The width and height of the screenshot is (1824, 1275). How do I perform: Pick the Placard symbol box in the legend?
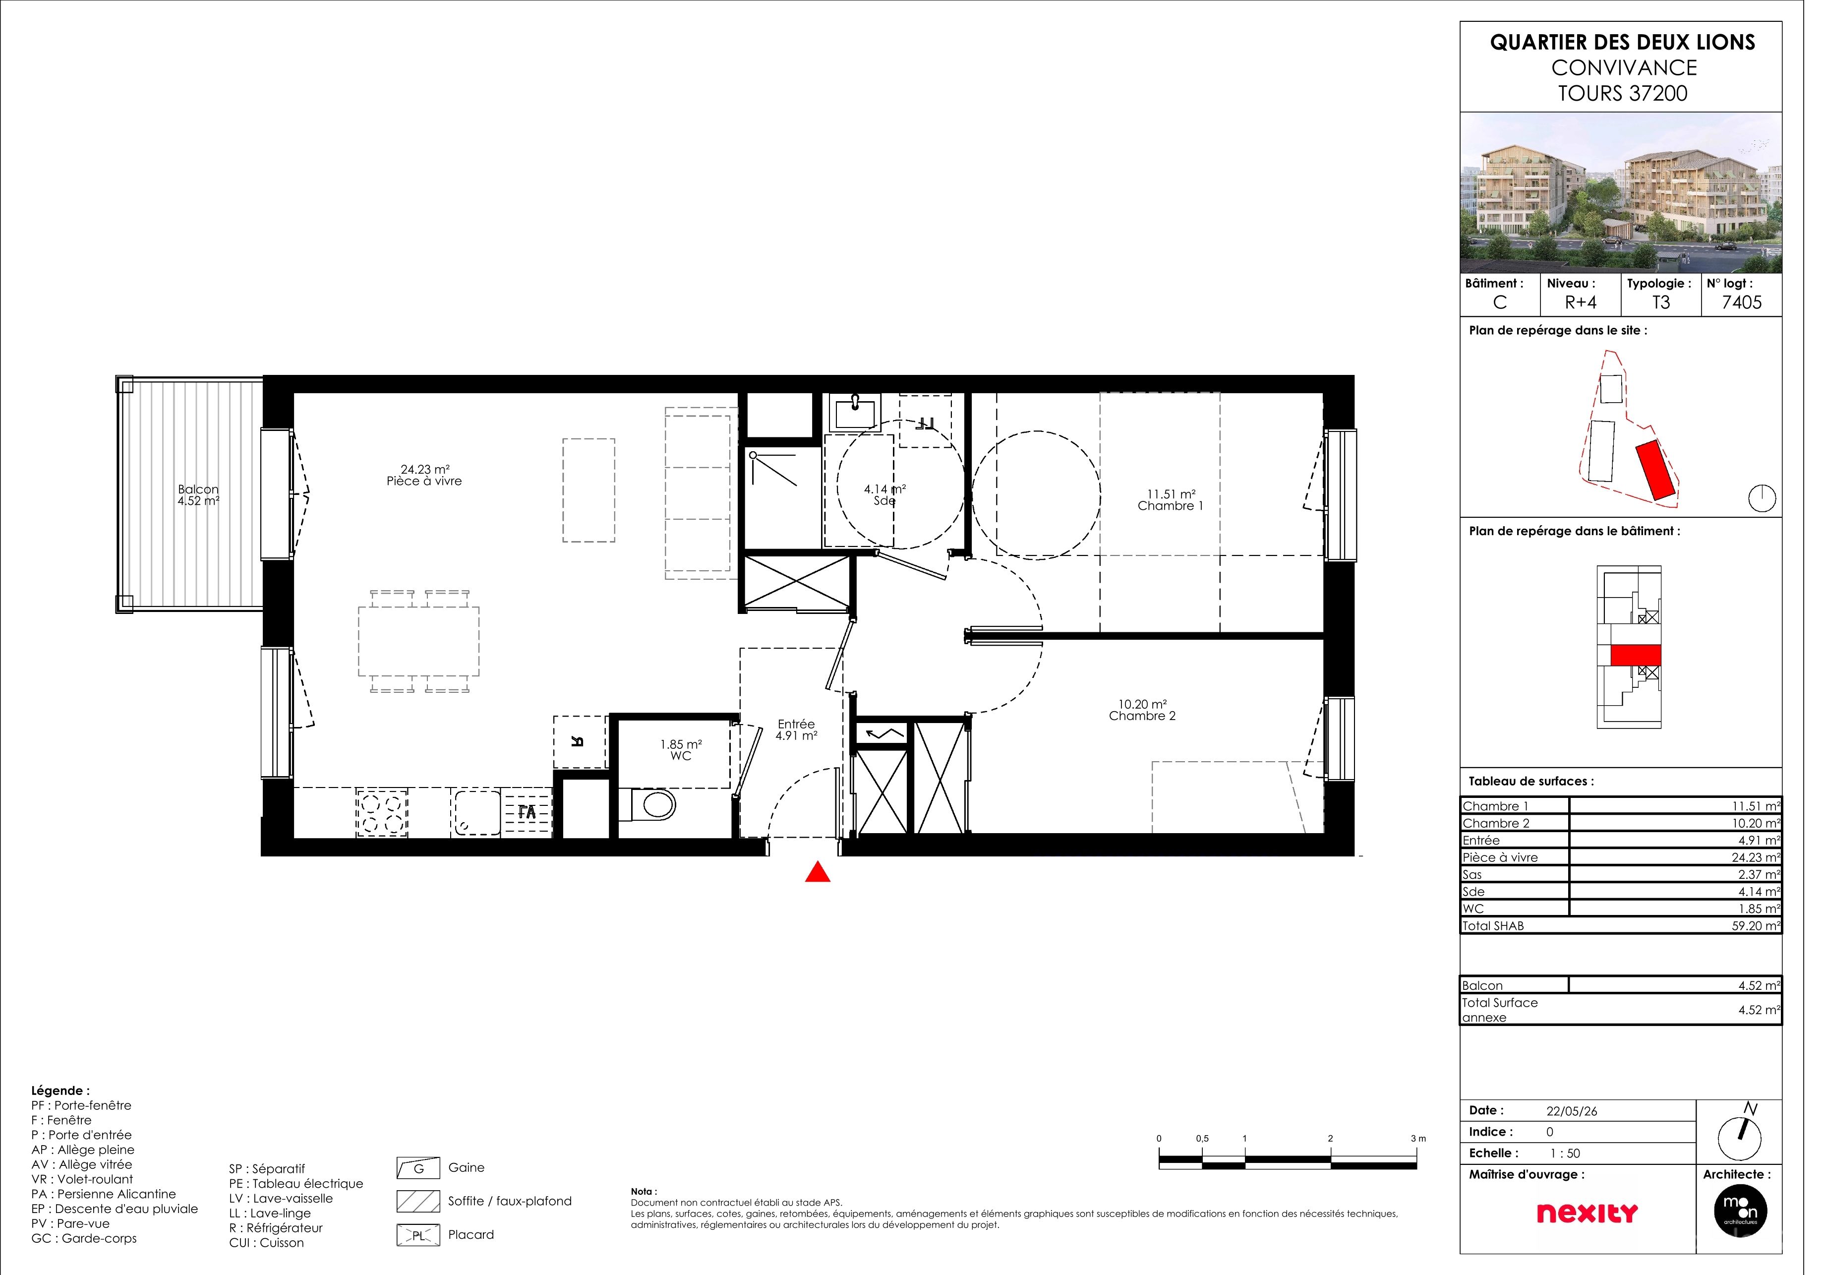[x=422, y=1248]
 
